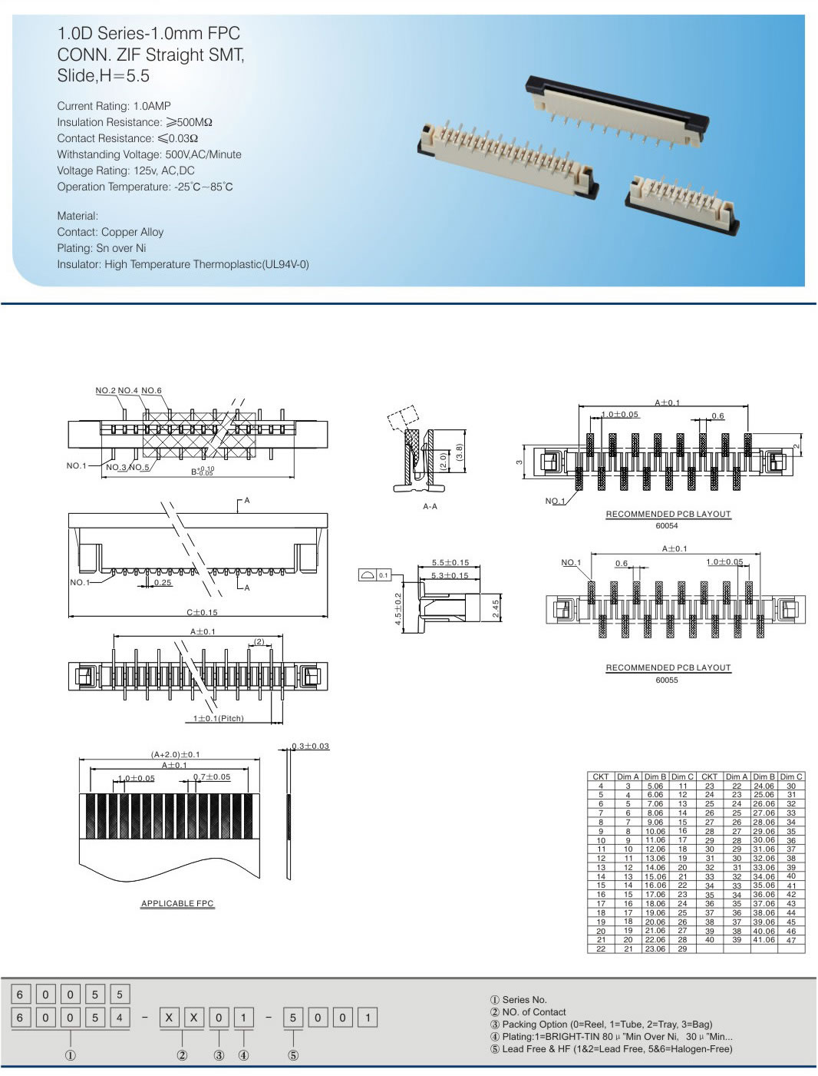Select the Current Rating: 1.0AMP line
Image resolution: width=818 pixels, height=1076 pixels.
(x=114, y=106)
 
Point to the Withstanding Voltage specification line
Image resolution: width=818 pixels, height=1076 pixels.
(x=149, y=154)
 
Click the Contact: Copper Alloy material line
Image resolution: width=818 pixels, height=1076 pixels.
(x=110, y=232)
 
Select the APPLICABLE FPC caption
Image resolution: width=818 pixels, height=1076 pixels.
(x=177, y=903)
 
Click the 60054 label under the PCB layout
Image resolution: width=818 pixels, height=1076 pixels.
(x=666, y=526)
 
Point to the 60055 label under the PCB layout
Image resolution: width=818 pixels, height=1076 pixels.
(x=666, y=680)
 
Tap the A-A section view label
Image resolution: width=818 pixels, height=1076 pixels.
(x=430, y=507)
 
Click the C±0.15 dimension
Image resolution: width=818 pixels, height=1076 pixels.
(x=202, y=612)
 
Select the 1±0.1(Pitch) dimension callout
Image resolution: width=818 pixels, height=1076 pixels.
(x=218, y=718)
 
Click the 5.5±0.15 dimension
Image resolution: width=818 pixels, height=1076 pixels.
(x=450, y=563)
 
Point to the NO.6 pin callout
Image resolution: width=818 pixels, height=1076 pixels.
(x=151, y=390)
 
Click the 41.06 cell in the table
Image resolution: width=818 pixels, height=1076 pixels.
(x=764, y=939)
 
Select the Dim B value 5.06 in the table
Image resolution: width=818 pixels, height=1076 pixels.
(x=655, y=786)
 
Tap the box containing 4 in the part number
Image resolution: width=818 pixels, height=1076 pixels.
(x=119, y=1018)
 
